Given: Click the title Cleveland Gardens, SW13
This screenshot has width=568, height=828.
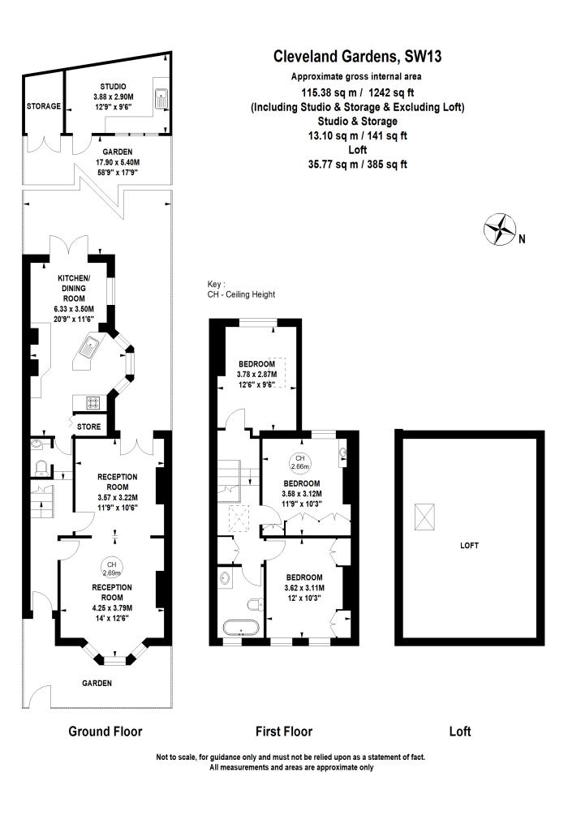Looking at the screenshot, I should (x=357, y=56).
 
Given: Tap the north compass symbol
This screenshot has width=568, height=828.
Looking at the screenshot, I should (x=501, y=229).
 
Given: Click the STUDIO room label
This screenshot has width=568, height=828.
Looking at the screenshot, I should (x=113, y=86).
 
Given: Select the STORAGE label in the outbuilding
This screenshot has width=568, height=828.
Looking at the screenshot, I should (x=44, y=106).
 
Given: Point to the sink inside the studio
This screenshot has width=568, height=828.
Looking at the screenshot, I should (x=161, y=98).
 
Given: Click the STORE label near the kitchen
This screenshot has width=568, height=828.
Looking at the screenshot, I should (x=89, y=426).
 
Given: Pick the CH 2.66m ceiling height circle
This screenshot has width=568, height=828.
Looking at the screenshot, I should (x=301, y=463).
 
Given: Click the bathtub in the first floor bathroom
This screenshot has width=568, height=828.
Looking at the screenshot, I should (x=238, y=629).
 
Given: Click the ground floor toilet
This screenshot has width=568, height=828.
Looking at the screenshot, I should (x=41, y=465).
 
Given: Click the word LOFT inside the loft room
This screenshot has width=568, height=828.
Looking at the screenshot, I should (x=469, y=546).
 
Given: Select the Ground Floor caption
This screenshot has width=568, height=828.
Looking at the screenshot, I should (x=105, y=731).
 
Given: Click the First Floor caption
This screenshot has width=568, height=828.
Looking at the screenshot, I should (x=284, y=731).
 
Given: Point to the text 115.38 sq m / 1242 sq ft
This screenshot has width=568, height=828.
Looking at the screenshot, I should (x=357, y=92).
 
